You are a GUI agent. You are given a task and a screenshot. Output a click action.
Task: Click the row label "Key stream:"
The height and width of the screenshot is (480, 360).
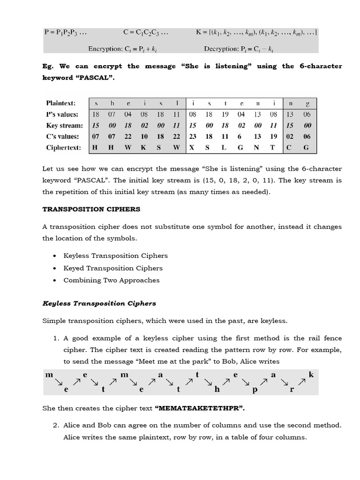(x=64, y=125)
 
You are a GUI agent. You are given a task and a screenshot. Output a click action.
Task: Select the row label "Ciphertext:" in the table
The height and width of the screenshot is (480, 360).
(x=64, y=147)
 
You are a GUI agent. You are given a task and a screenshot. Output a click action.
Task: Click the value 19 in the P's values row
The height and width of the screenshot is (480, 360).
(x=225, y=114)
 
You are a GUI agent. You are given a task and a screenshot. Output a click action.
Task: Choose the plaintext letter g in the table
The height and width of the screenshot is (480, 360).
(x=307, y=103)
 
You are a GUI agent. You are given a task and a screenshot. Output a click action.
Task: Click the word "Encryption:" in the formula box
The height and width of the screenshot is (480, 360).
(x=105, y=48)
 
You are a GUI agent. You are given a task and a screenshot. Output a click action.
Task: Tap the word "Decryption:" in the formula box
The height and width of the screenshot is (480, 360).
(x=221, y=48)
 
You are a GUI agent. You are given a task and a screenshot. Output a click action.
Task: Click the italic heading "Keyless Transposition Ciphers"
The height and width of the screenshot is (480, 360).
(x=99, y=303)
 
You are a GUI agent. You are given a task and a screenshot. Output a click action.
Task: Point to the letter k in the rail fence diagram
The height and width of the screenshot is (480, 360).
(x=311, y=375)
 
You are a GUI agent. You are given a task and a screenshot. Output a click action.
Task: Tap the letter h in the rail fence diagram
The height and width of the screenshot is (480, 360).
(x=217, y=389)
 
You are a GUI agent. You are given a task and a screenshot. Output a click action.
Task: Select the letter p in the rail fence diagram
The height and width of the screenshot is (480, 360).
(x=254, y=389)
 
